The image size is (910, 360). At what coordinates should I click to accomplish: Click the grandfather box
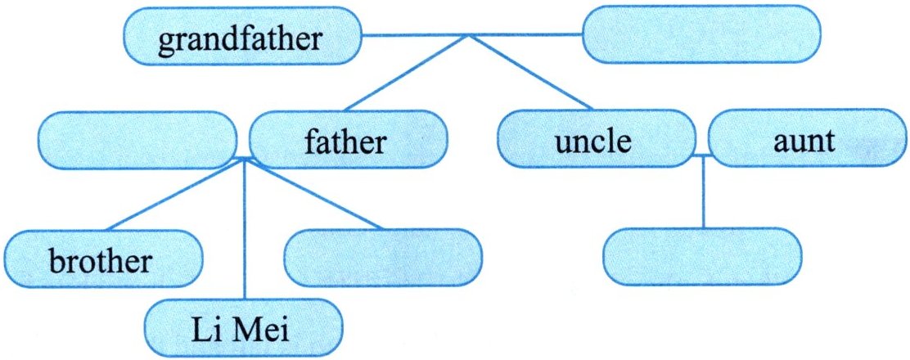tap(241, 39)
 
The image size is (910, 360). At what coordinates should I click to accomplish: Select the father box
tap(347, 141)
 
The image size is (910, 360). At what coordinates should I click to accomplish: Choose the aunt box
tap(804, 141)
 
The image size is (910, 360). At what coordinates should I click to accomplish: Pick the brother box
tap(101, 261)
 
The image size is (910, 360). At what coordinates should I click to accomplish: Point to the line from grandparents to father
tap(405, 74)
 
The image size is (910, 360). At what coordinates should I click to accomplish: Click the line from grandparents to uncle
tap(532, 74)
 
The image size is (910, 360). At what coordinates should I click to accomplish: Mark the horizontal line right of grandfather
tap(471, 36)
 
